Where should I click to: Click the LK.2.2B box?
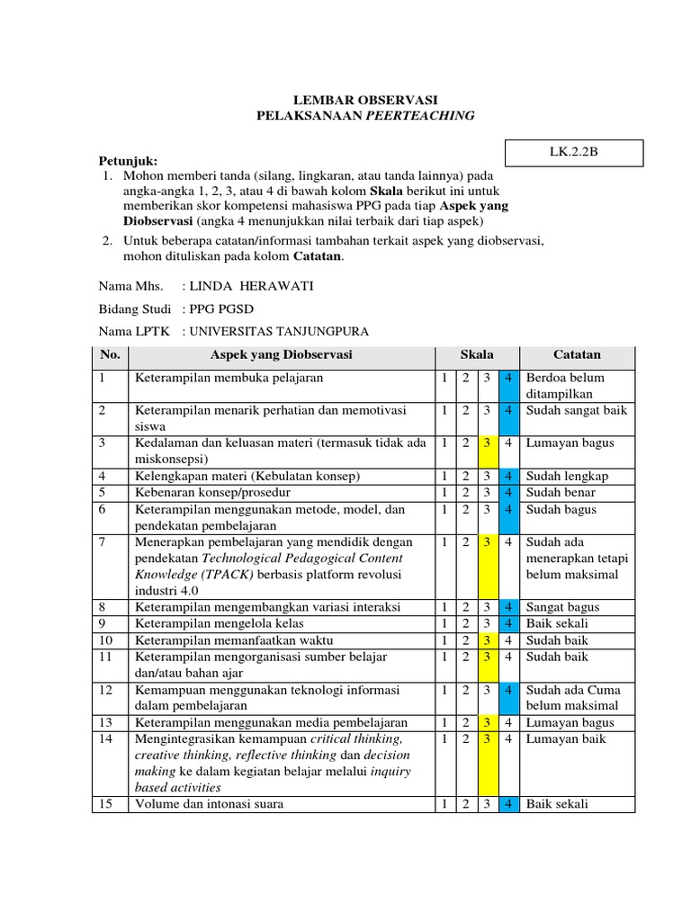574,153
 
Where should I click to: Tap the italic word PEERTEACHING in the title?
419,116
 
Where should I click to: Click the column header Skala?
476,355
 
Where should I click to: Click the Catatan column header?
577,355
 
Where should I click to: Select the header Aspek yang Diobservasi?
282,355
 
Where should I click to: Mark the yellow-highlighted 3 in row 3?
487,443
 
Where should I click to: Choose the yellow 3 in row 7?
487,542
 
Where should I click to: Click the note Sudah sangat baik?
577,410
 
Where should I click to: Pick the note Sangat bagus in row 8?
562,607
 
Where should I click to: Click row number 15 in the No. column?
104,804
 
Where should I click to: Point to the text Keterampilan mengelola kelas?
220,623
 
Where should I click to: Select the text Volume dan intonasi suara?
209,804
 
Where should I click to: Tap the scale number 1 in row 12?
444,690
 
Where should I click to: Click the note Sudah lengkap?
567,476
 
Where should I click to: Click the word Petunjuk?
128,160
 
